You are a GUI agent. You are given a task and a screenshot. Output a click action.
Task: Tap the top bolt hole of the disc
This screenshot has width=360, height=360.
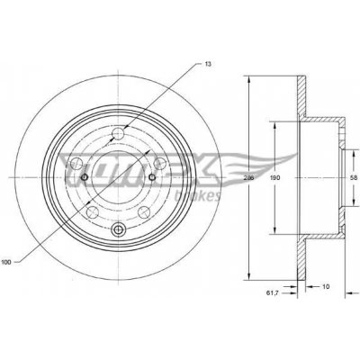coord(118,137)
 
